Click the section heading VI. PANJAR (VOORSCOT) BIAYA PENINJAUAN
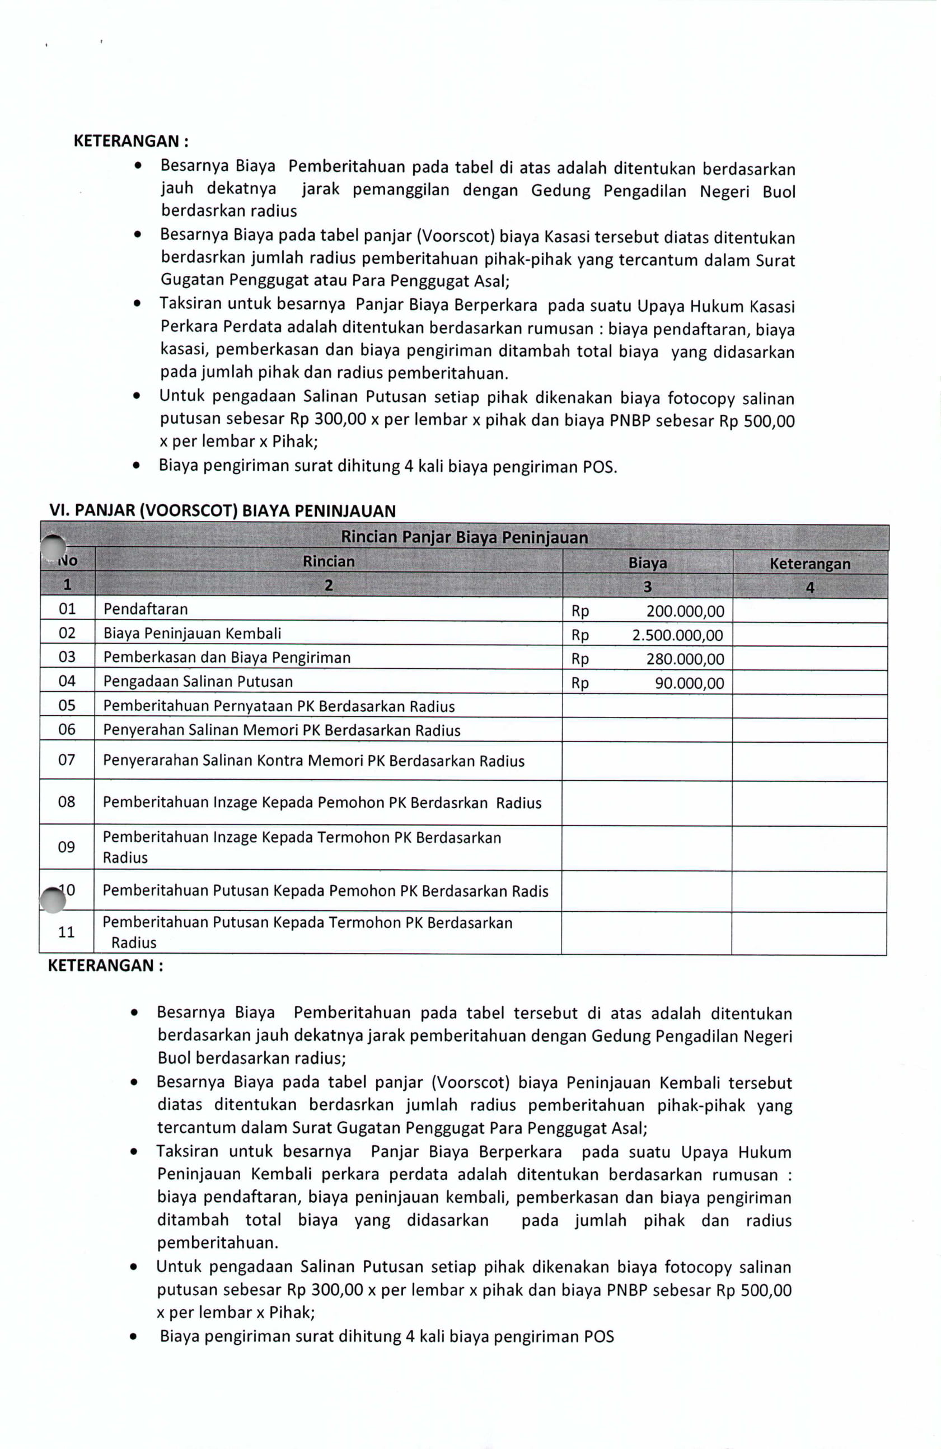point(222,510)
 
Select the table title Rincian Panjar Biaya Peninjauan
point(464,537)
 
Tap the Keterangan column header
point(809,563)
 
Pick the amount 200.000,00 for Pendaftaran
point(685,611)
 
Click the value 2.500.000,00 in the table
point(677,635)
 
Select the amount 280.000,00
point(685,659)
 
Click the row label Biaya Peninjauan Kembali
point(193,633)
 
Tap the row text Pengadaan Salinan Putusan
point(198,681)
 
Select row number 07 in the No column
point(67,760)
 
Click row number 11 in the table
point(67,931)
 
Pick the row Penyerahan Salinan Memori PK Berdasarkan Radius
point(282,730)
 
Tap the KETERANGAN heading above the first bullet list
point(130,141)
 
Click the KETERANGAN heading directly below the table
point(105,965)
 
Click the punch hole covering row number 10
point(53,900)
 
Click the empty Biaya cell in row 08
point(646,803)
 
